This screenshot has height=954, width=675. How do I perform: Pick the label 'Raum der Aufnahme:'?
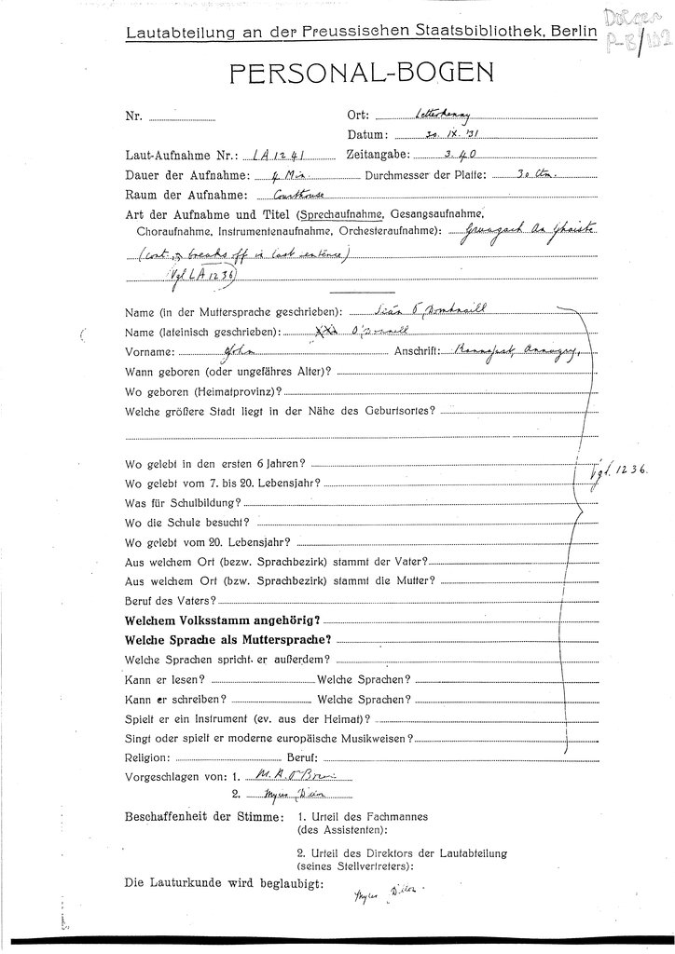coord(183,195)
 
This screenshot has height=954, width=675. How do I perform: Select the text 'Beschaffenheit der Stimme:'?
coord(201,817)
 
